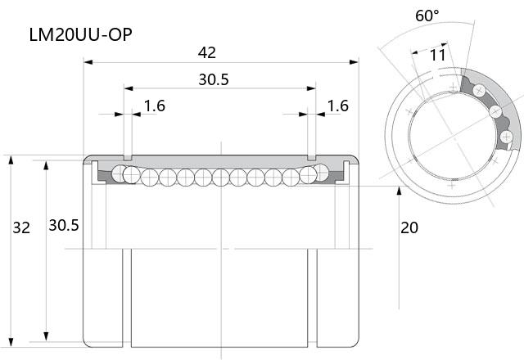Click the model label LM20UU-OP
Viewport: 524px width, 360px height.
pyautogui.click(x=80, y=34)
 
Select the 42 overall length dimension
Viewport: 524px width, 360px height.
pyautogui.click(x=207, y=52)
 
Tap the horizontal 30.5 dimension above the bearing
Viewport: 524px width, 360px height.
pyautogui.click(x=214, y=79)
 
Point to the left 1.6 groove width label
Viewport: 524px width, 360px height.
pyautogui.click(x=155, y=106)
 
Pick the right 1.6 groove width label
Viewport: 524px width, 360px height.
pyautogui.click(x=338, y=106)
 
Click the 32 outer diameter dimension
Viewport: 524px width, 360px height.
pyautogui.click(x=21, y=227)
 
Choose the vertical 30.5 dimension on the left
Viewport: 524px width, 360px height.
pyautogui.click(x=64, y=226)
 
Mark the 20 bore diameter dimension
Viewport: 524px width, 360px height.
pyautogui.click(x=409, y=227)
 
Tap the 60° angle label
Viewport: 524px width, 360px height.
pyautogui.click(x=427, y=16)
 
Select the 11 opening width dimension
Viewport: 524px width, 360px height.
pyautogui.click(x=438, y=56)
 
